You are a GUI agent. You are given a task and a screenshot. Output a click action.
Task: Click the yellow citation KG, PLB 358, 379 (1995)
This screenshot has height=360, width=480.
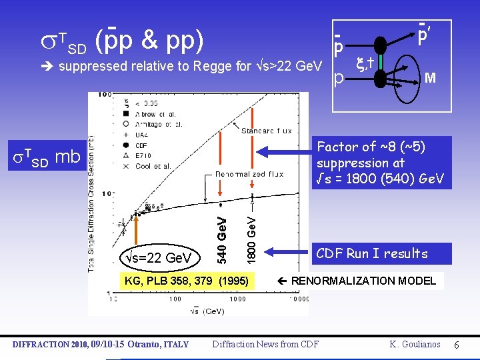pos(187,281)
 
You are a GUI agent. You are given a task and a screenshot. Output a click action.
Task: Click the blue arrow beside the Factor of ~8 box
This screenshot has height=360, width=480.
pos(287,153)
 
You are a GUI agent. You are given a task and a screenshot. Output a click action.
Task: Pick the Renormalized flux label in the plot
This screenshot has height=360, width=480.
pos(249,174)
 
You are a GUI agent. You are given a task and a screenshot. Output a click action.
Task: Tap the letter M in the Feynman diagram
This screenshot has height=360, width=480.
pos(430,78)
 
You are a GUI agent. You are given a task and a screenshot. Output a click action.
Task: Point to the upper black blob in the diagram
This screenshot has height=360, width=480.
pos(380,47)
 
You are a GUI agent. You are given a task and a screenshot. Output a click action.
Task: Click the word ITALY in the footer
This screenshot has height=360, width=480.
pos(175,344)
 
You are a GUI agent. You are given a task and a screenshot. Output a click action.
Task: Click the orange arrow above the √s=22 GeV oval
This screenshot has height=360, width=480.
pos(136,230)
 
